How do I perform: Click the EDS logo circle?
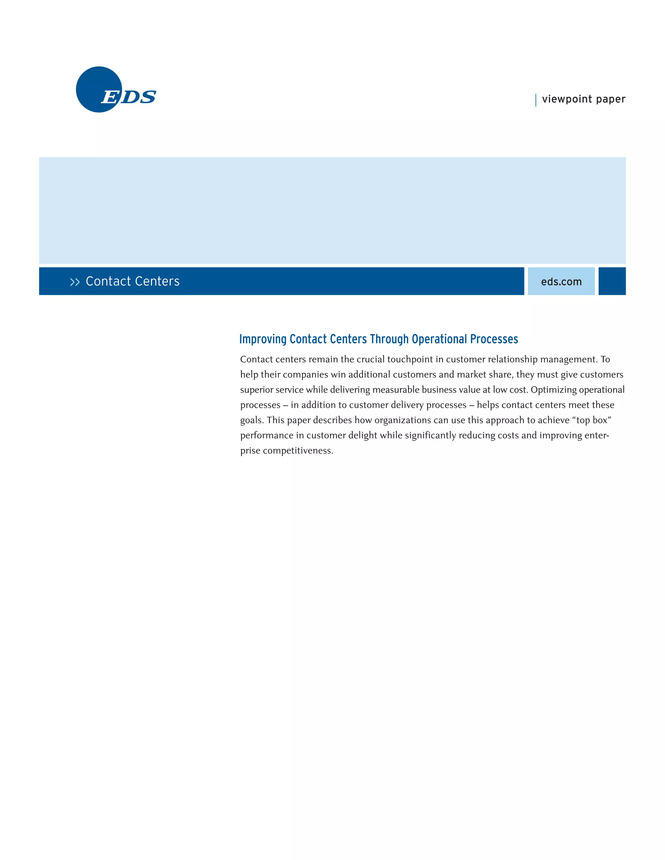tap(98, 89)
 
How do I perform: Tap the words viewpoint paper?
tap(583, 99)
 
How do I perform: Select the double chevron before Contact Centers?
tap(74, 282)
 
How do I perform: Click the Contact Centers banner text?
tap(132, 281)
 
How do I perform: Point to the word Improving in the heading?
tap(263, 339)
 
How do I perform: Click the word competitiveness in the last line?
tap(298, 450)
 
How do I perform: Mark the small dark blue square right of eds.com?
tap(612, 281)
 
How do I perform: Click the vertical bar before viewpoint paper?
tap(536, 100)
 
